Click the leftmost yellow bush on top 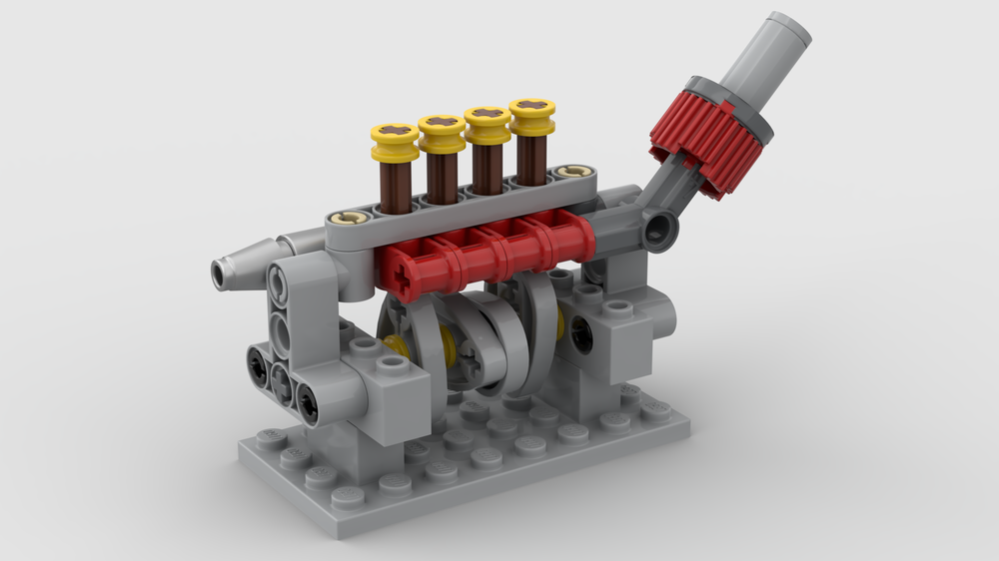pos(395,141)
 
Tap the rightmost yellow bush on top pos(532,115)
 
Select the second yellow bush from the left pos(442,132)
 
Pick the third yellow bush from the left pos(488,123)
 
